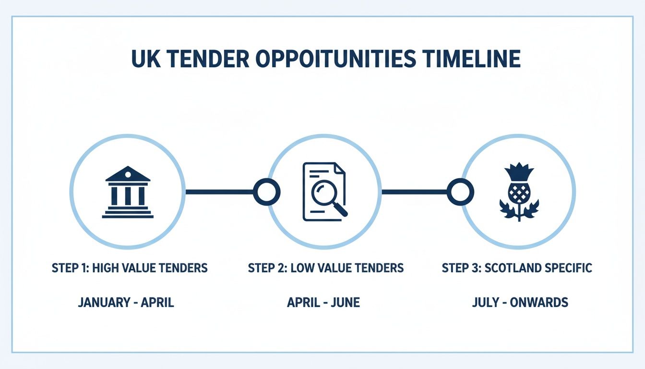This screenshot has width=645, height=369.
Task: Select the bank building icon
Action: point(128,192)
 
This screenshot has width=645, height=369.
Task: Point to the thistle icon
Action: point(519,192)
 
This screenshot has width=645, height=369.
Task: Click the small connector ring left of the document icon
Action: point(266,192)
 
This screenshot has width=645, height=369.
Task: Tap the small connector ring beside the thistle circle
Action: point(460,192)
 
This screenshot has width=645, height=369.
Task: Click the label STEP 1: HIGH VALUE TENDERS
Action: point(130,268)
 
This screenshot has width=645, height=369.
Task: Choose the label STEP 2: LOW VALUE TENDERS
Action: point(326,268)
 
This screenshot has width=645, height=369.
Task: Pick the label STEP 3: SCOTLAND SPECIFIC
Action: point(517,268)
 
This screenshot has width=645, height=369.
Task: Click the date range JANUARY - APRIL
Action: point(126,303)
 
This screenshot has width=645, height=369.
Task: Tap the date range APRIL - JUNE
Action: point(323,303)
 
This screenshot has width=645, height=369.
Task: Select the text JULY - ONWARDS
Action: point(520,303)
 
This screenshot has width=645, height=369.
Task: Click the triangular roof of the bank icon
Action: point(128,174)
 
